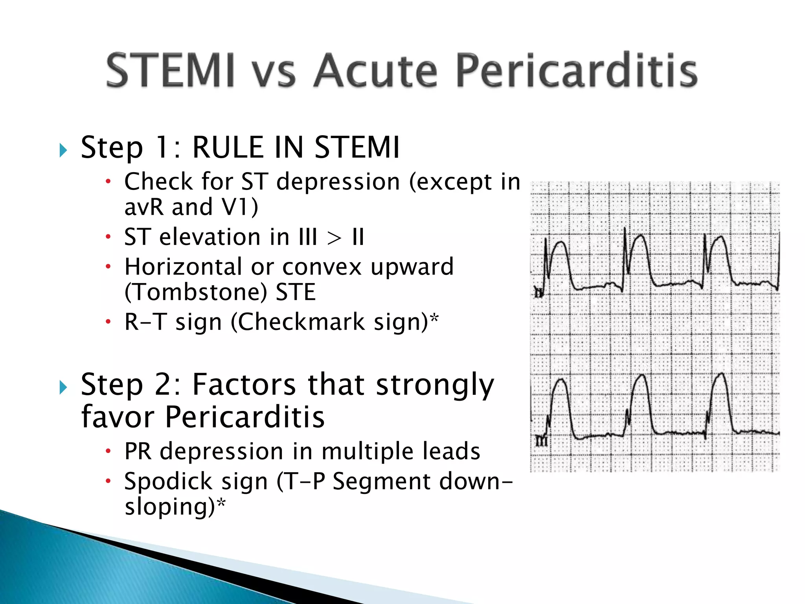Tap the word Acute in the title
pos(375,71)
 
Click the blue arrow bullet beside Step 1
pos(63,150)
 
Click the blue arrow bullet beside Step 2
pos(63,387)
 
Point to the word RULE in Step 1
pos(228,147)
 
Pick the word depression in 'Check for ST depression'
pos(338,182)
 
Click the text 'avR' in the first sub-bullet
pos(143,207)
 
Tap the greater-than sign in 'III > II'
pos(334,238)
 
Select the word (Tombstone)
pos(195,292)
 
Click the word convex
pos(322,267)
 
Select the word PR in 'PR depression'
pos(138,451)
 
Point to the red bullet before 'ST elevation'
pos(108,237)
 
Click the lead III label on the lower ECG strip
pos(541,442)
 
